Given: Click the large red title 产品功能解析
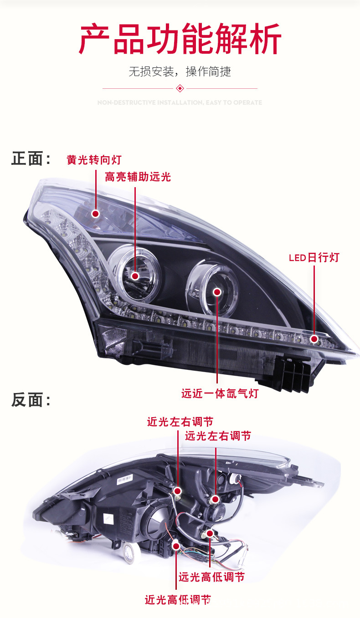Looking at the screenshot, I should pos(180,40).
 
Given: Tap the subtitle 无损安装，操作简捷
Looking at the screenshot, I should pos(180,72).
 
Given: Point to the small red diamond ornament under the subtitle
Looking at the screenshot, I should pos(180,88).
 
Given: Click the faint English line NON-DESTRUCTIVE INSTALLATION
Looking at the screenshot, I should pos(180,103).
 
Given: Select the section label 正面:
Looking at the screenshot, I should pos(31,159).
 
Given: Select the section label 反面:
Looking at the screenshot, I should pos(31,400).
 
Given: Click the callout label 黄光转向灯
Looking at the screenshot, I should pos(94,160).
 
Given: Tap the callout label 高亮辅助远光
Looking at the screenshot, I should pos(138,177).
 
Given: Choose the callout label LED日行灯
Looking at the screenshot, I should pos(314,258).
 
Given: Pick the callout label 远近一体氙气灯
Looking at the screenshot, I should pos(220,393).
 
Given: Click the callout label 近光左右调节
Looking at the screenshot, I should pos(180,422).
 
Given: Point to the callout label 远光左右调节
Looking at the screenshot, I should pos(218,436).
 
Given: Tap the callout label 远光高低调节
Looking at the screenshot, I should pos(211,577).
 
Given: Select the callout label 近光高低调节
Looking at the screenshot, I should pos(178,600).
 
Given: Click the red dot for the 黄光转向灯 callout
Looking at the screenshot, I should pos(96,213).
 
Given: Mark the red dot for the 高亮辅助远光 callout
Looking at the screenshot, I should pos(135,276).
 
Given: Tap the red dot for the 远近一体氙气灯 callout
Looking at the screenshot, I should pos(217,292).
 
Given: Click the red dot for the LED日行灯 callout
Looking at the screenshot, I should pos(314,339).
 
